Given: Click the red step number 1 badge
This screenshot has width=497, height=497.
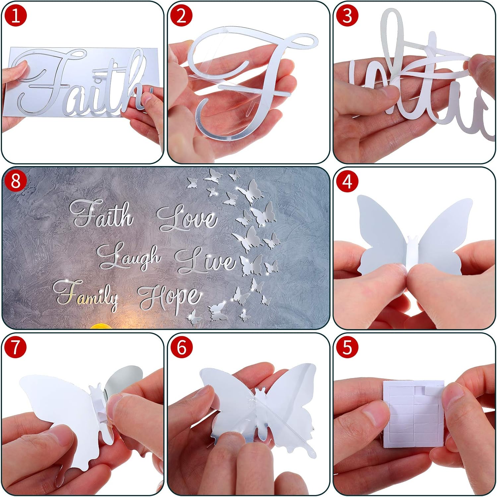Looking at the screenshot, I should tap(15, 16).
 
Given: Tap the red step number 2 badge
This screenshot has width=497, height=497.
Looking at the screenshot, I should tap(181, 16).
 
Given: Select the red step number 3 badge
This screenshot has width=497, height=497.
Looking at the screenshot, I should tap(347, 16).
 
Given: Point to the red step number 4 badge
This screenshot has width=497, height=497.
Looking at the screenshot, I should tap(347, 182).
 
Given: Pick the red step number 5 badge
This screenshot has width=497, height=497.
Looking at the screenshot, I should tap(347, 347).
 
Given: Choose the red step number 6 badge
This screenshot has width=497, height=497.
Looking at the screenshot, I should tap(181, 347).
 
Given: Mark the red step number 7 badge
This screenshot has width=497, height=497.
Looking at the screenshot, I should tap(15, 347).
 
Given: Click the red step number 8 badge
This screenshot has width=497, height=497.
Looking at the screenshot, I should tap(15, 182).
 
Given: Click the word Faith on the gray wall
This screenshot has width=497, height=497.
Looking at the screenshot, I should tap(101, 214).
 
